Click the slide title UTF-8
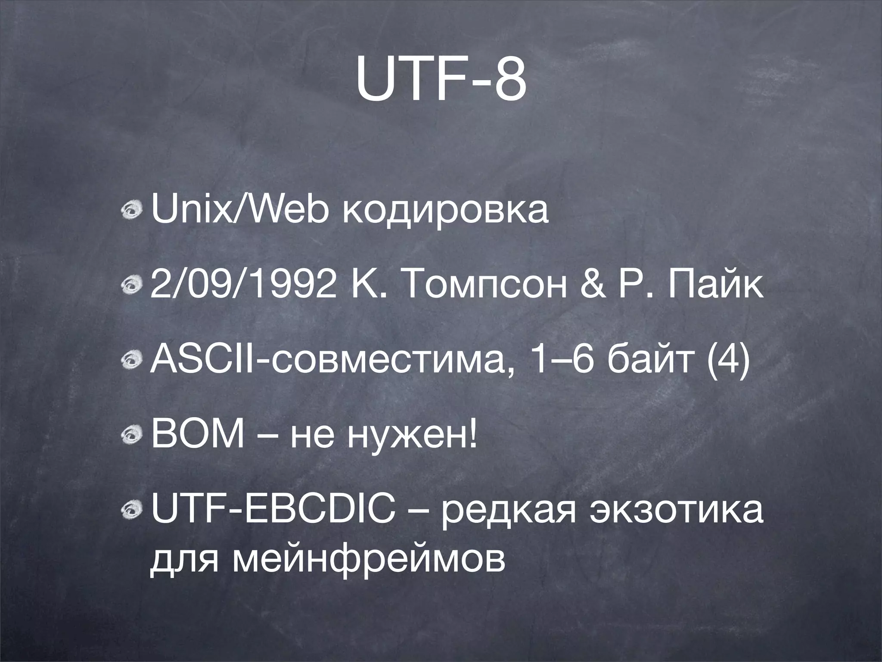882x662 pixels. tap(441, 81)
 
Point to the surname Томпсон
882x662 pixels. tap(478, 287)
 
